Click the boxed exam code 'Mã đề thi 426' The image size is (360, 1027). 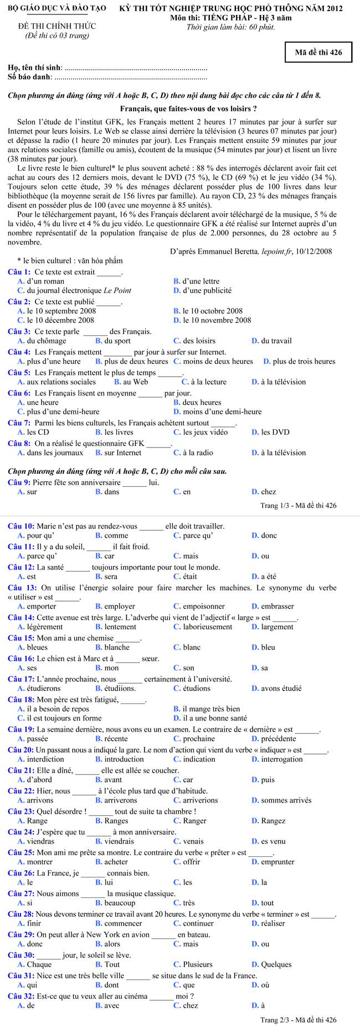pos(318,53)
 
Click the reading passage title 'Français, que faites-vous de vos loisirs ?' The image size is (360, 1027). pos(188,109)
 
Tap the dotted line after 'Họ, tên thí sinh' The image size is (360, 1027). pos(136,68)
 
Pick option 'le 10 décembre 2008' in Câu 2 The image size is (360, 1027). pos(61,320)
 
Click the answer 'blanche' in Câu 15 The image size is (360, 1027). pos(117,647)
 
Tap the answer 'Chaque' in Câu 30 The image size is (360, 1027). pos(39,964)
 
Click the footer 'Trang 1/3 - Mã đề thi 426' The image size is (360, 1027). pos(298,505)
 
